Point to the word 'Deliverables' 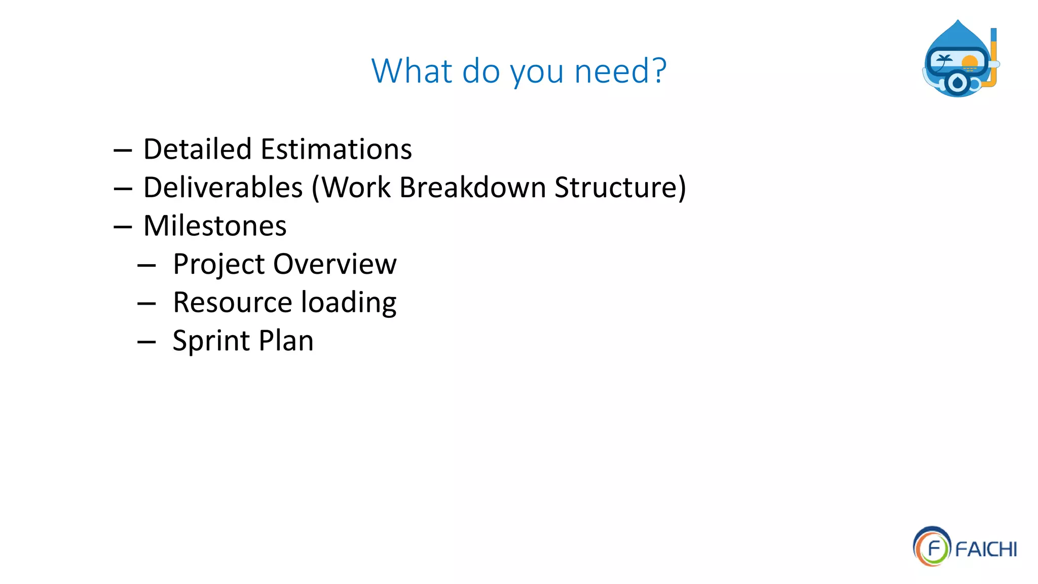click(x=223, y=188)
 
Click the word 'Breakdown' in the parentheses click(x=472, y=188)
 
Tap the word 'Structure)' click(x=620, y=188)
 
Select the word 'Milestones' click(x=215, y=226)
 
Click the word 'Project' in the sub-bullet click(x=218, y=265)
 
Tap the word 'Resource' click(x=232, y=303)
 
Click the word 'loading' click(x=349, y=304)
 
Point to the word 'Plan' click(x=286, y=341)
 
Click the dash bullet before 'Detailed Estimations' click(x=123, y=151)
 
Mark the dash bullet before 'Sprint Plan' click(x=146, y=342)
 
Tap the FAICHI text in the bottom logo click(x=986, y=550)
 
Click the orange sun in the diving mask click(x=970, y=63)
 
